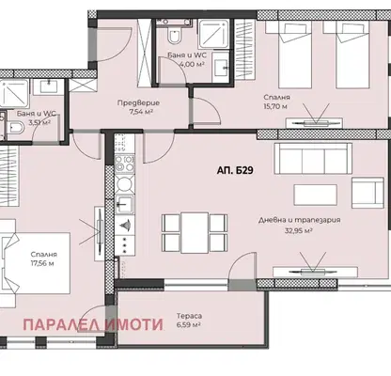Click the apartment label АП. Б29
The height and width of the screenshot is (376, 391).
[235, 170]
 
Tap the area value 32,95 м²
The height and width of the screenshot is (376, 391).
[299, 231]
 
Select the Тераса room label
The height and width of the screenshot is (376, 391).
[189, 316]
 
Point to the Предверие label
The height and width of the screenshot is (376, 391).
[138, 102]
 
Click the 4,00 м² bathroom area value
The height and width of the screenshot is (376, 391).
[192, 64]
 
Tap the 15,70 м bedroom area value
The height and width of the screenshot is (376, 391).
[275, 106]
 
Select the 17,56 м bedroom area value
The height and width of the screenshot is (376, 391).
[42, 263]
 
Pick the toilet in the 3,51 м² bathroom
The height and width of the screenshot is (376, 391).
[15, 128]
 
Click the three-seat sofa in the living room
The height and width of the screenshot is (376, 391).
[313, 159]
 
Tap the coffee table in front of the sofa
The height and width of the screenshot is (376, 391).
[316, 195]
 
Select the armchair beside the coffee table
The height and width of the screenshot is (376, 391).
[368, 193]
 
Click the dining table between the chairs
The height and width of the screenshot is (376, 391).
[195, 232]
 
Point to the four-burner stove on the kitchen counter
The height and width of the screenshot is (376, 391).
[124, 164]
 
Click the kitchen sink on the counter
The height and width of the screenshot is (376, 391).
[124, 205]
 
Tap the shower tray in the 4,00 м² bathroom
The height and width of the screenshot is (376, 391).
[214, 34]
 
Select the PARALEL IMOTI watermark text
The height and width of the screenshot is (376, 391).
[93, 325]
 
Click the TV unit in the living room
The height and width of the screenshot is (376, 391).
[315, 272]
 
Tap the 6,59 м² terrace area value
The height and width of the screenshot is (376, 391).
[189, 324]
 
